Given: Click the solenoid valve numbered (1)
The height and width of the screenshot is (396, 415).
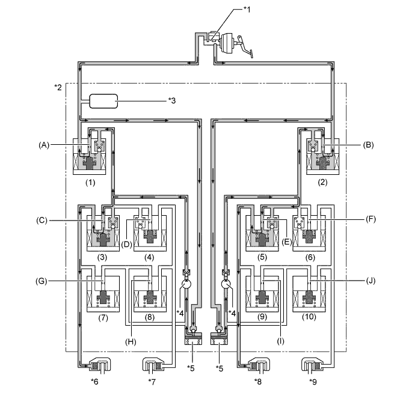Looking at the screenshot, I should (x=90, y=154).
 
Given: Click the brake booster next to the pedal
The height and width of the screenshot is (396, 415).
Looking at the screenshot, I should (x=229, y=43).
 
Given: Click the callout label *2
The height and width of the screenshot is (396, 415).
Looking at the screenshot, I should (x=59, y=88).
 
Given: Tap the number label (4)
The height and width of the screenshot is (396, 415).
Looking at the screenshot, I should (x=150, y=257).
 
